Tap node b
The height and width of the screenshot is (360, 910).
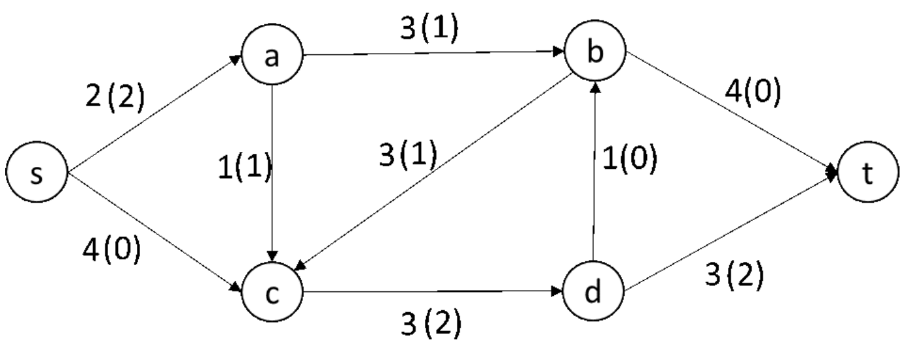point(594,54)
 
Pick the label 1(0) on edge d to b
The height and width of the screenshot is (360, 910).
point(628,159)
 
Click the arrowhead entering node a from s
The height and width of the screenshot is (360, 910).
point(238,60)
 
